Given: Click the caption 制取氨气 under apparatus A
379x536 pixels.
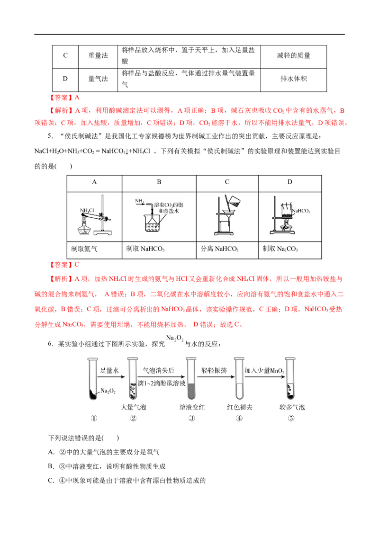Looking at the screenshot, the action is click(84, 249).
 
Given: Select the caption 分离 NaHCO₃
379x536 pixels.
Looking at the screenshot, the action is click(219, 249).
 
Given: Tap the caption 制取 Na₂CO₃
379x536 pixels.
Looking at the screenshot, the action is click(280, 249).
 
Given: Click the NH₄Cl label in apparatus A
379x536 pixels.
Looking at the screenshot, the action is click(87, 211).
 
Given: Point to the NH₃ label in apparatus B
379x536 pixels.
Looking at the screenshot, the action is click(139, 201).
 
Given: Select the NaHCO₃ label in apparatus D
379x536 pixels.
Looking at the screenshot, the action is click(301, 211).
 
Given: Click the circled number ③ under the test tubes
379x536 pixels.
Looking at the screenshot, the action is click(192, 419).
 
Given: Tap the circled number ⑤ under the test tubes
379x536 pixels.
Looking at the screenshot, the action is click(291, 419).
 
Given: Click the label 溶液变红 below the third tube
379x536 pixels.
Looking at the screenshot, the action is click(192, 407).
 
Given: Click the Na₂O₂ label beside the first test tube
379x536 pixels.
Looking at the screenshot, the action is click(108, 391).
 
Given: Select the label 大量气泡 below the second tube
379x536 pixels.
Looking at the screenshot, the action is click(134, 407).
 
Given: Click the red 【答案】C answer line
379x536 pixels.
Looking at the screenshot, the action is click(64, 265).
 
